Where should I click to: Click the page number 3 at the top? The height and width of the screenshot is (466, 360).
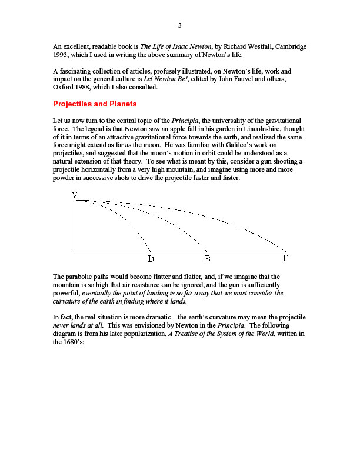pyautogui.click(x=180, y=25)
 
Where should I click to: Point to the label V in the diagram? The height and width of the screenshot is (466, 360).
pyautogui.click(x=75, y=195)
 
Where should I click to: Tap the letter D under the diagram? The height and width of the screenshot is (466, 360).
pyautogui.click(x=151, y=258)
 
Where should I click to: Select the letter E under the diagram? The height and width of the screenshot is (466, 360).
pyautogui.click(x=207, y=258)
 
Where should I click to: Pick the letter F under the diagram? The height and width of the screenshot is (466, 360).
pyautogui.click(x=285, y=258)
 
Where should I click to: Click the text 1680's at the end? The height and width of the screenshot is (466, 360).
pyautogui.click(x=75, y=341)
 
